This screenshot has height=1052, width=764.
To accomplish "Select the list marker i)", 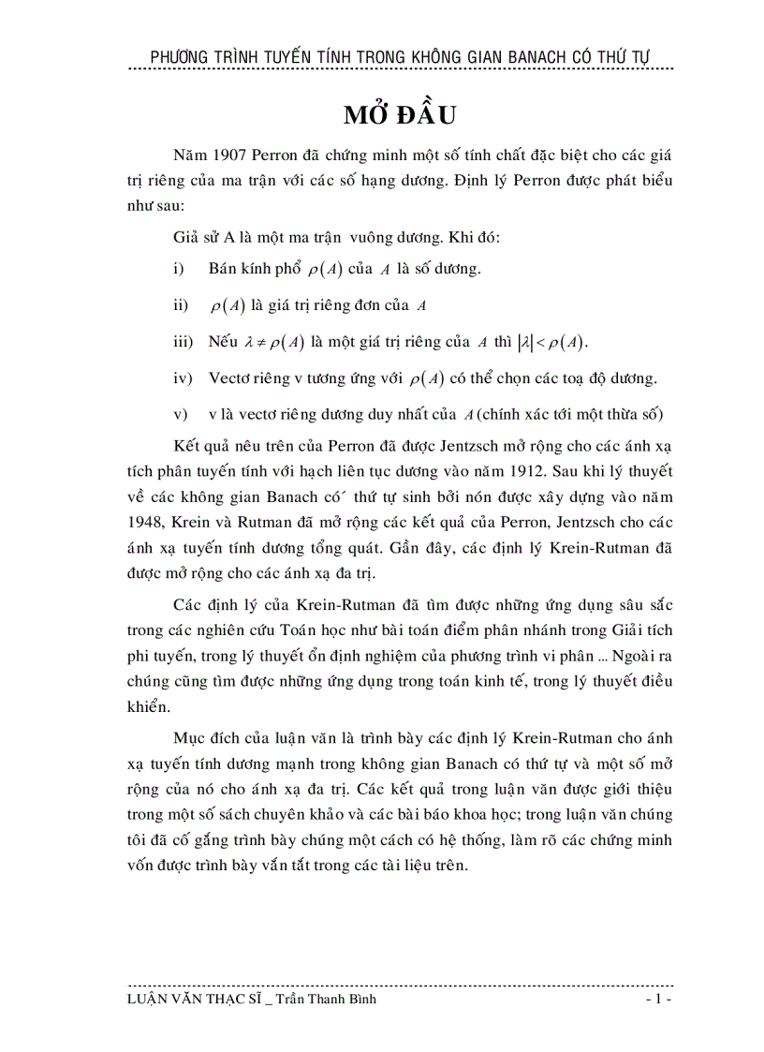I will [178, 269].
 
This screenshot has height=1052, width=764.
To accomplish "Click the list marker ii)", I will [180, 305].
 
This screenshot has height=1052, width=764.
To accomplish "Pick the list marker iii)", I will [183, 342].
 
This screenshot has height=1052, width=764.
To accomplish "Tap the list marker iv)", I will [183, 378].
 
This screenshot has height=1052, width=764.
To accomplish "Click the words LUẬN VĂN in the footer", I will [166, 1000].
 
